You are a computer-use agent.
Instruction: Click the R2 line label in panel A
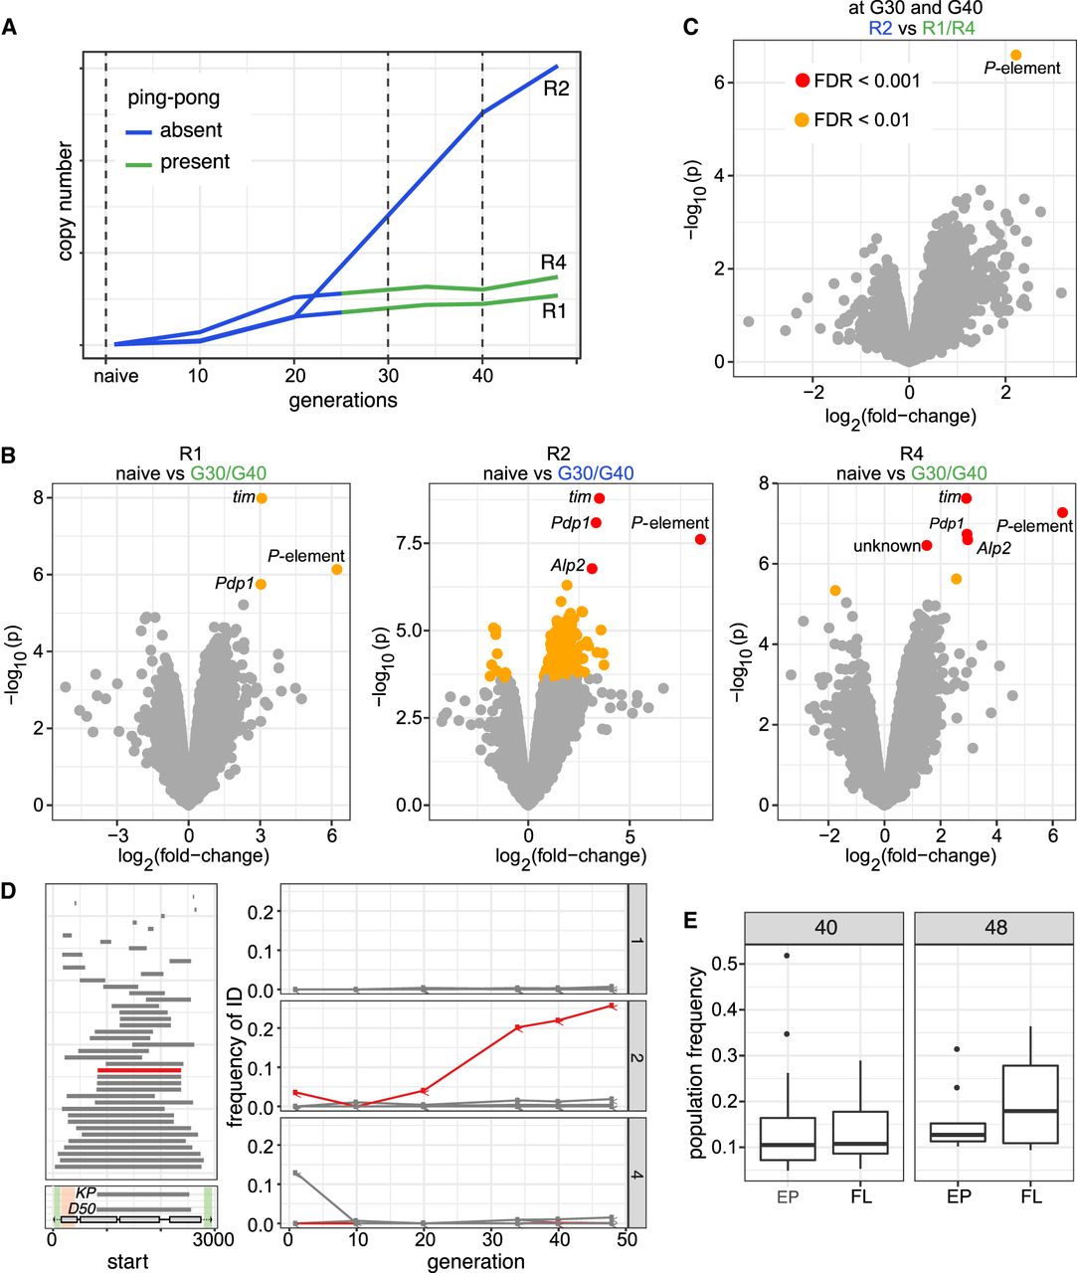pos(556,89)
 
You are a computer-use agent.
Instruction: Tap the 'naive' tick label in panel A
pos(116,376)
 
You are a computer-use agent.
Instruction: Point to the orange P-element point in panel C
pos(1015,56)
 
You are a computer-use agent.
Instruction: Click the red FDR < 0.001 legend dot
pos(802,81)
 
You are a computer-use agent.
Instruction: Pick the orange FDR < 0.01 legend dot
pos(802,120)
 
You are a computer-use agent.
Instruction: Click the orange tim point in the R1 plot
pos(262,498)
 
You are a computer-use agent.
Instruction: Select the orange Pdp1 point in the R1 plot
pos(261,585)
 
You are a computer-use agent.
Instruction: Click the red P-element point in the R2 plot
pos(700,539)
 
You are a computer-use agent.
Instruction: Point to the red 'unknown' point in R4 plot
pos(927,545)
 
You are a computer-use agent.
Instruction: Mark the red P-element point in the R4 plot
pos(1062,512)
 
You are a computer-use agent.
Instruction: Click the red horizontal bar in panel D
pos(139,1070)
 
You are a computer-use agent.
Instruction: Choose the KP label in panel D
pos(86,1191)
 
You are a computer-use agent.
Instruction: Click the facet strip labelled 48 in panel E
pos(994,928)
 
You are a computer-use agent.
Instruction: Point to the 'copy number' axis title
pos(66,202)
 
